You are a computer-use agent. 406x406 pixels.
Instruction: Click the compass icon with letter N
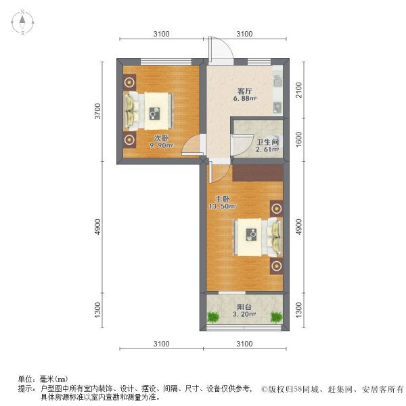[x=22, y=23]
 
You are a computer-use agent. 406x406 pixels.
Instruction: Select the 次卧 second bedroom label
[x=161, y=138]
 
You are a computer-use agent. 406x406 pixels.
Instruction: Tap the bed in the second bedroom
[x=150, y=110]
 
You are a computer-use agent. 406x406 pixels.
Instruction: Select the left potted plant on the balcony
[x=214, y=316]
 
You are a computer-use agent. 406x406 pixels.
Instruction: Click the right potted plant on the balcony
[x=276, y=316]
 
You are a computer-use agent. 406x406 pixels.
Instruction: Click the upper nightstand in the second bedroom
[x=129, y=82]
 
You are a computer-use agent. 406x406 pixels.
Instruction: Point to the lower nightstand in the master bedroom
[x=276, y=265]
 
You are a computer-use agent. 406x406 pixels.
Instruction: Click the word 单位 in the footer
[x=25, y=379]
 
